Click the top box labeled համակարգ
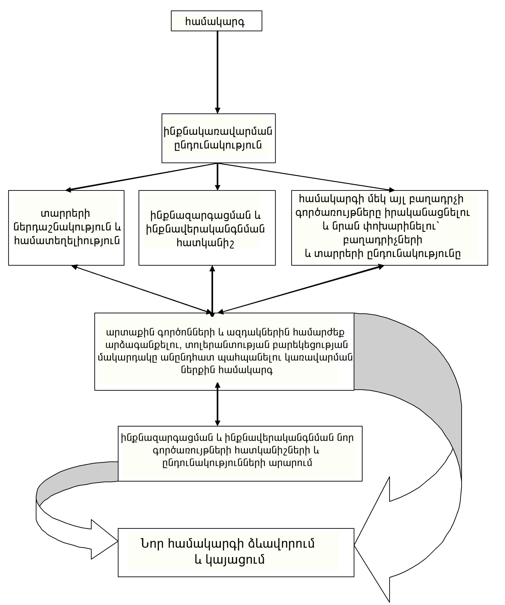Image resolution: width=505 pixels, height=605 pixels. (216, 21)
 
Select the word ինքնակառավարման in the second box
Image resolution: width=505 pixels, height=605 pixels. (218, 131)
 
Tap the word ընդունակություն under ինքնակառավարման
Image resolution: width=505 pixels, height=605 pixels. (218, 145)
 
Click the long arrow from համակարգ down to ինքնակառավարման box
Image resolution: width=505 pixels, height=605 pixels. (218, 72)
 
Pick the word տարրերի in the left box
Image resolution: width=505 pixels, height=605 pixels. (65, 213)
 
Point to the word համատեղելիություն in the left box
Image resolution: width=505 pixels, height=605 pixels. (67, 241)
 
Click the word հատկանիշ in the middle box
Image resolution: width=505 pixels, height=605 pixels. (205, 243)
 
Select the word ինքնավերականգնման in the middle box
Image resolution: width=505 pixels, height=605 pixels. (205, 229)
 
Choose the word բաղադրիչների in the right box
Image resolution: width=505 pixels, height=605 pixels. (382, 240)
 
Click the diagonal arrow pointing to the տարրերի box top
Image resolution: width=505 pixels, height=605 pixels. (141, 177)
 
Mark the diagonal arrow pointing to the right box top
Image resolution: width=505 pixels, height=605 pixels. (306, 177)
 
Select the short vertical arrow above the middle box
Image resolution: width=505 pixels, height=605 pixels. (218, 177)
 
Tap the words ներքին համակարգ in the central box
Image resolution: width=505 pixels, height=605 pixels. (227, 370)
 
